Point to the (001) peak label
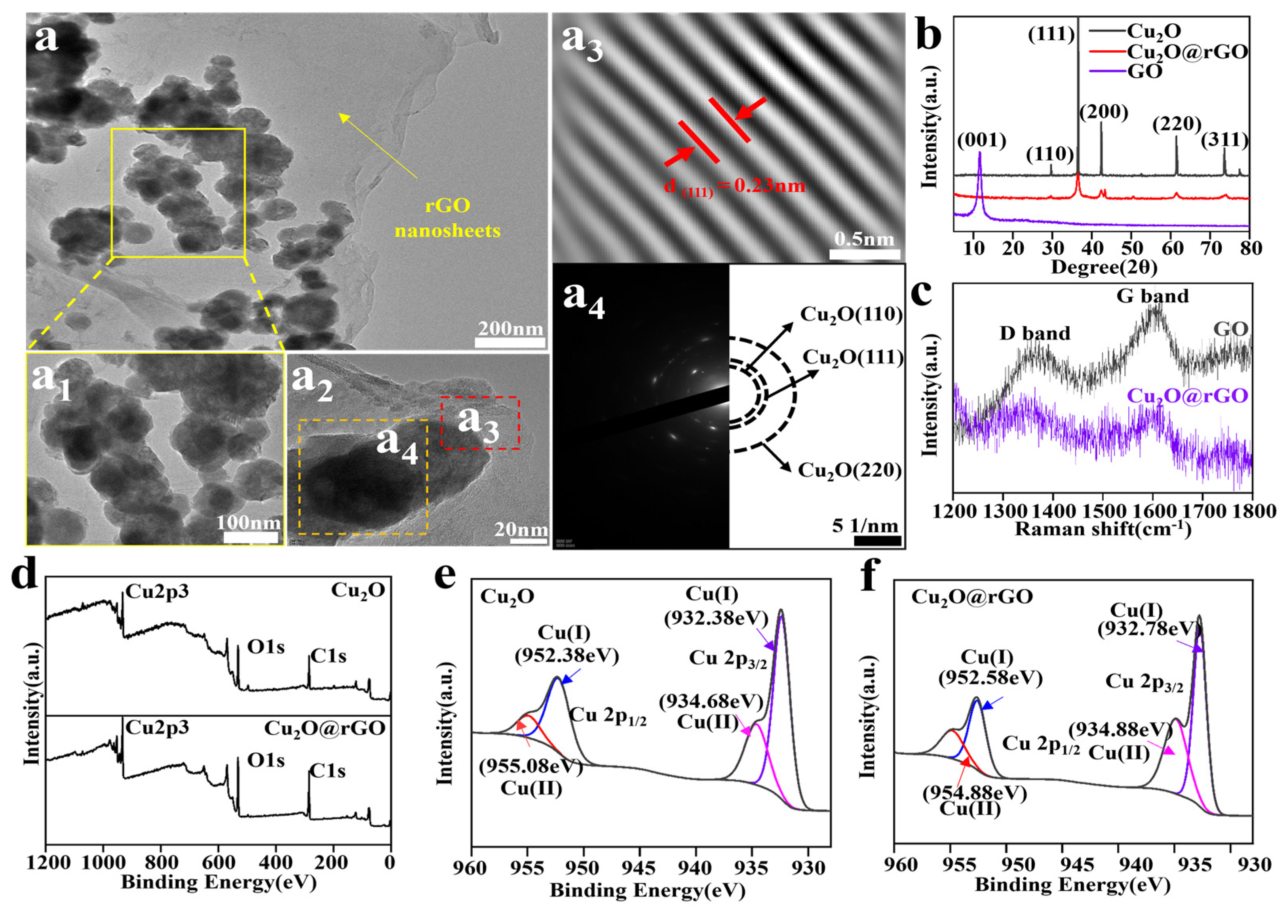click(982, 140)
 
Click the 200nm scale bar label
click(510, 328)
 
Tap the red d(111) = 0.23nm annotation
click(734, 186)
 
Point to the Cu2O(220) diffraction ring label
click(850, 470)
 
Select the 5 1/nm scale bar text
click(865, 526)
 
